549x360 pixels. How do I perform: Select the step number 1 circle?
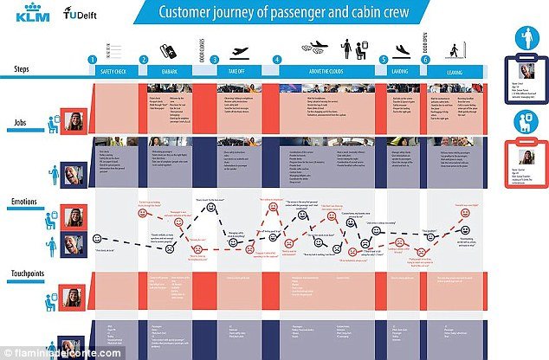tap(93, 60)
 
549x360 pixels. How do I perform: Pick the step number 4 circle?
tap(277, 60)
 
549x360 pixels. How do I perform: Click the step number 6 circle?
tap(424, 60)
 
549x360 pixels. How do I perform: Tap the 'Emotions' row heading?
tap(23, 204)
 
